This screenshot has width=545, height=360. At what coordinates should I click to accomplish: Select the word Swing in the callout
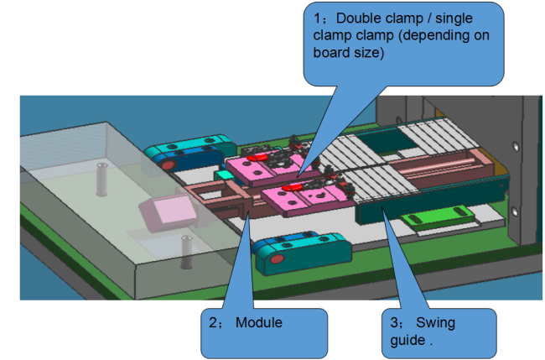point(433,322)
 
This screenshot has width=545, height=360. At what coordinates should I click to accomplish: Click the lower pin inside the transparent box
point(185,251)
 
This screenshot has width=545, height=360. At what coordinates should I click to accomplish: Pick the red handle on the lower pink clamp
point(297,188)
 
